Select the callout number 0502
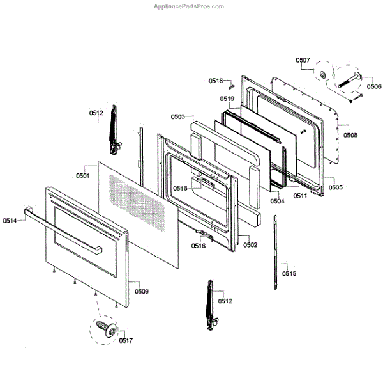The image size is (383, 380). click(250, 245)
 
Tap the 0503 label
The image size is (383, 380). click(177, 117)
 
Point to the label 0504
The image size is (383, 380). click(277, 201)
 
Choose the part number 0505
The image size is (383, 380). click(336, 187)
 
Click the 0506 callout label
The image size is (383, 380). click(374, 86)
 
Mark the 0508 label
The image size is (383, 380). click(350, 136)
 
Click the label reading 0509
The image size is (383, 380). click(141, 291)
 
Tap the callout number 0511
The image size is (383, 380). click(301, 196)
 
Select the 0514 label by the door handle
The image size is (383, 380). click(10, 221)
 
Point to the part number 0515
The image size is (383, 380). click(289, 274)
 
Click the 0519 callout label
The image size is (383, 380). click(227, 99)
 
